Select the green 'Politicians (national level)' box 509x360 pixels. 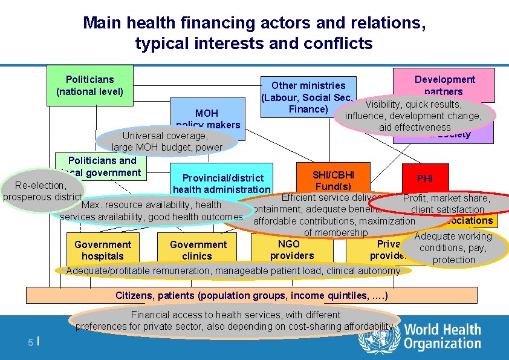coord(89,85)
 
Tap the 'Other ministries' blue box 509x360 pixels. coord(307,97)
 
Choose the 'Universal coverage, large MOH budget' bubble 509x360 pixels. coord(167,142)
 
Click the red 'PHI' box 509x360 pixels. coord(425,178)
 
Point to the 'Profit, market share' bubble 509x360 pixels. coord(447,204)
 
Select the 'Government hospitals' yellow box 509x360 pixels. coord(102,249)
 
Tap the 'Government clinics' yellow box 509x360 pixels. coord(198,249)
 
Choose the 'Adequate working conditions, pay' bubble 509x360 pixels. coord(453,247)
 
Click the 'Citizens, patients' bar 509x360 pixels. coord(251,295)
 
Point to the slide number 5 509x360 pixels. coord(31,342)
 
